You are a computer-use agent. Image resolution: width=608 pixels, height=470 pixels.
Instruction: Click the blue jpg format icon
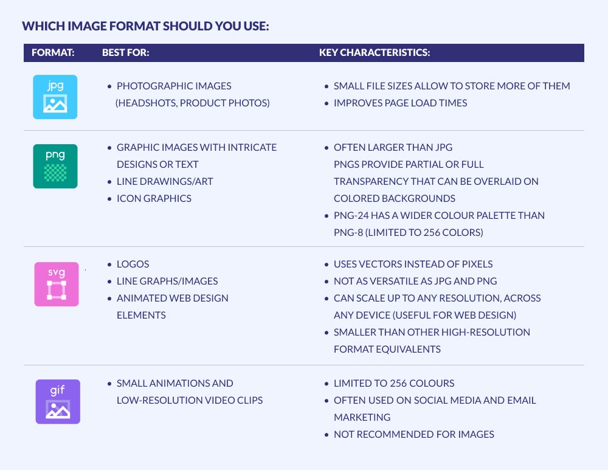55,97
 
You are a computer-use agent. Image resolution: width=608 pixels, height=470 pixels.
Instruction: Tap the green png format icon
55,167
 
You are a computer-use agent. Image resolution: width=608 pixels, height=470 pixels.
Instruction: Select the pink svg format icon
57,284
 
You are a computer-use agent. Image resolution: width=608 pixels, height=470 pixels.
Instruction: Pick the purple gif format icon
58,402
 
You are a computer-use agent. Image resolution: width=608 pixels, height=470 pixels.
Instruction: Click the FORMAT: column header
53,53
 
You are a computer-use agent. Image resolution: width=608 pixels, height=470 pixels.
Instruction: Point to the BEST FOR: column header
126,53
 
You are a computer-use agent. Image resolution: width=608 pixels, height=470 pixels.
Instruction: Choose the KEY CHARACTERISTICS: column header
375,53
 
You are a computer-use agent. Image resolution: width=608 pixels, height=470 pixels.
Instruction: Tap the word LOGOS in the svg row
133,264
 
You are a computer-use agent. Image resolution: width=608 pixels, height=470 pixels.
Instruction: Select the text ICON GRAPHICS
154,199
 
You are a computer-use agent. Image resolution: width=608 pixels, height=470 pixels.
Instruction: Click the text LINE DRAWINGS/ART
165,181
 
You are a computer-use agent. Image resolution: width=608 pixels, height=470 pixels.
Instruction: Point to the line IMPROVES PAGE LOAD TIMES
401,103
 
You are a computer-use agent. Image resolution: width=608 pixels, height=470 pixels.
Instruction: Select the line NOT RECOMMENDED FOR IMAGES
414,434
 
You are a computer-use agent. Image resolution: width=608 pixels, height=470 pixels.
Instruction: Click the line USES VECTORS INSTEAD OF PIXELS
413,264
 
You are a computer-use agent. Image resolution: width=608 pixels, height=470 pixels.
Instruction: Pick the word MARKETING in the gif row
362,417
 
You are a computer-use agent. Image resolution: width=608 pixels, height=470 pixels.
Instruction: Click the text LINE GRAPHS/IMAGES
167,281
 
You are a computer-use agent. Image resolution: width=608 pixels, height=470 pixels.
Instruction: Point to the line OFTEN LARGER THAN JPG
393,147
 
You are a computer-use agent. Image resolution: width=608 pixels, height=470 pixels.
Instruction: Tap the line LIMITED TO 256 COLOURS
394,383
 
